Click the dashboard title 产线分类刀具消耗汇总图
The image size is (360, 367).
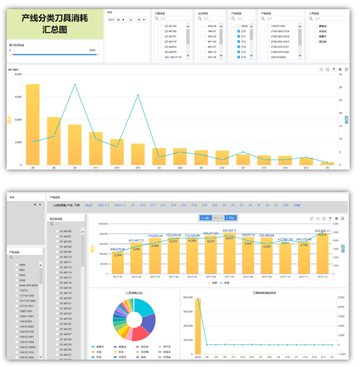click(x=55, y=23)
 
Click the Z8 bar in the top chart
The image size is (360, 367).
click(x=54, y=141)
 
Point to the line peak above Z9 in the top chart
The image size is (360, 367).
click(x=75, y=85)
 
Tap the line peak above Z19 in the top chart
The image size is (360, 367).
click(x=138, y=95)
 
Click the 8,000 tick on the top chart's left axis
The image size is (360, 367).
click(x=17, y=74)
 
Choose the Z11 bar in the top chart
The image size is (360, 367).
click(x=96, y=148)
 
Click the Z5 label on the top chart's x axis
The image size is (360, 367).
click(x=327, y=169)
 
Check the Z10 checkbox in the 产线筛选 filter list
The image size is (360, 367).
click(x=239, y=31)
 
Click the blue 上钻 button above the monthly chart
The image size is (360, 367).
click(x=205, y=218)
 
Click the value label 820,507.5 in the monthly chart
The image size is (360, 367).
click(x=229, y=230)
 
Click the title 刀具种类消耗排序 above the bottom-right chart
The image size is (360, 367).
click(x=264, y=292)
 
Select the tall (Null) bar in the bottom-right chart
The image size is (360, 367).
click(x=199, y=326)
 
